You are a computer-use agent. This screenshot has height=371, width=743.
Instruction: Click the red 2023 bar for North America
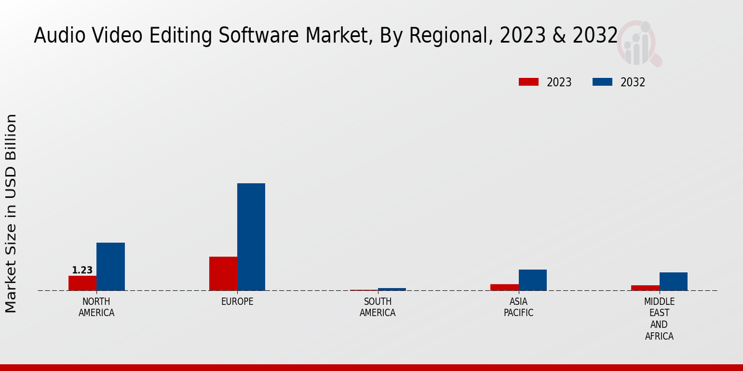click(x=82, y=283)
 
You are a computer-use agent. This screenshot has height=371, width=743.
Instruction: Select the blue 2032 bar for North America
click(x=110, y=267)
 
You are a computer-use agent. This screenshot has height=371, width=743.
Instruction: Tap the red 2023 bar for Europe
click(x=223, y=273)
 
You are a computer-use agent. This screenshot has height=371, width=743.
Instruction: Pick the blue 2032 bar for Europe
click(x=251, y=237)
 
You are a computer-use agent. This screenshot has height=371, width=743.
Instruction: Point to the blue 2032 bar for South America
click(x=392, y=289)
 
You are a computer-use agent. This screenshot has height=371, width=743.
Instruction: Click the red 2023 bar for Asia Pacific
click(x=504, y=287)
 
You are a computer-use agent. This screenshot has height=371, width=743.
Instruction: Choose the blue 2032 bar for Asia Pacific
click(x=532, y=280)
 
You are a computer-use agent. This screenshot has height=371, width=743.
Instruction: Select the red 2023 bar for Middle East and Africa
click(x=645, y=288)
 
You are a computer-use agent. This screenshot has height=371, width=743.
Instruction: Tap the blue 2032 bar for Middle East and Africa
click(x=673, y=281)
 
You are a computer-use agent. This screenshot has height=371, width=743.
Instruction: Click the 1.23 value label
click(x=82, y=270)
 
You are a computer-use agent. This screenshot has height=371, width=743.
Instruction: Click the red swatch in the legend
click(x=529, y=82)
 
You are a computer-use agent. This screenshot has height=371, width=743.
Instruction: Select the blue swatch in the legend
click(x=602, y=82)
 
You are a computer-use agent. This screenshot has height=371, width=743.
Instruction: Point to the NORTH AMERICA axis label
click(x=97, y=307)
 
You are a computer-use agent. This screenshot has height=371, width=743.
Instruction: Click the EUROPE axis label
click(x=237, y=302)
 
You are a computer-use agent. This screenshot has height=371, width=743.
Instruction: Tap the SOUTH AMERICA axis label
click(x=378, y=307)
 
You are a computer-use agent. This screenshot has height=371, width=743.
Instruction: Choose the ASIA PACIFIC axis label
click(x=518, y=307)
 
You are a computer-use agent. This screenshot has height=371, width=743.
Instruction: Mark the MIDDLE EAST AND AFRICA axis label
click(x=659, y=319)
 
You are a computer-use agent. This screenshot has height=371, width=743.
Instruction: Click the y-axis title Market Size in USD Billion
click(x=11, y=213)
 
